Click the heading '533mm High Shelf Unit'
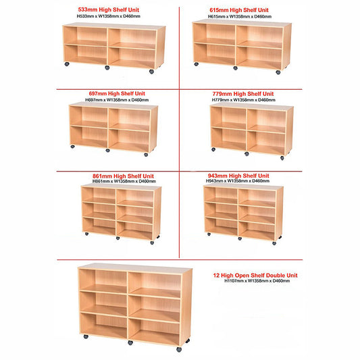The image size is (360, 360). pos(108,10)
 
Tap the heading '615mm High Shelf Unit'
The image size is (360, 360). pos(239,10)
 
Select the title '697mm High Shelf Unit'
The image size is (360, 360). pos(117,94)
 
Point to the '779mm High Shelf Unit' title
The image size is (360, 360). pos(243,94)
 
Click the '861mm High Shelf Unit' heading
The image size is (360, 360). pos(123,176)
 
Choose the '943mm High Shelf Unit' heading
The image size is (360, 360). pos(238,176)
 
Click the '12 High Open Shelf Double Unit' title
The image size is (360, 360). pos(255,276)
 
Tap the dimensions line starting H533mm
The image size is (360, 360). pos(108,16)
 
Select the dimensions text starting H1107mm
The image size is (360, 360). pos(257,281)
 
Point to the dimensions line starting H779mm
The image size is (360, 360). pos(244,100)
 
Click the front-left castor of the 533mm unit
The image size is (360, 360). pos(67,64)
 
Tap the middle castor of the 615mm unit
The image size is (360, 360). pos(235,68)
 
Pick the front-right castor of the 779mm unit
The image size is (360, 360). pos(282,158)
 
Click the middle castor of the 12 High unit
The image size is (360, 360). pos(130,343)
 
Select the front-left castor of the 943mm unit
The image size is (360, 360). pos(209,234)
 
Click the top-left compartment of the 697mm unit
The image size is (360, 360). pos(88,117)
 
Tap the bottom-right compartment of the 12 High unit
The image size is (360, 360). pos(154,331)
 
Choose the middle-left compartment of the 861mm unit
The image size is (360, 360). pos(99,210)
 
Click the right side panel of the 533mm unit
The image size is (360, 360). pos(161,47)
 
